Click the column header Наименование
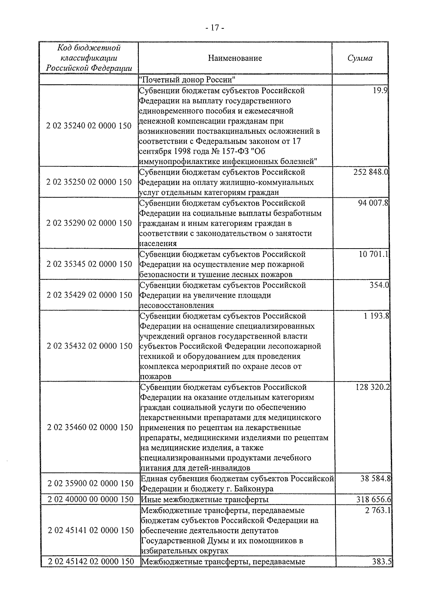(235, 58)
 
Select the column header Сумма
(360, 58)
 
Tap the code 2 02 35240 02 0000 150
(89, 126)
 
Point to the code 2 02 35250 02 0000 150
(89, 182)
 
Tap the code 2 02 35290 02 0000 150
(89, 223)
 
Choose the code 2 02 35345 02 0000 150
(89, 264)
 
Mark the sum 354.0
(379, 285)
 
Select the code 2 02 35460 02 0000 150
(90, 427)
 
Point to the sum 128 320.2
(373, 387)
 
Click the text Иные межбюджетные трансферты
(205, 500)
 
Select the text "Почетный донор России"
(187, 79)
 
